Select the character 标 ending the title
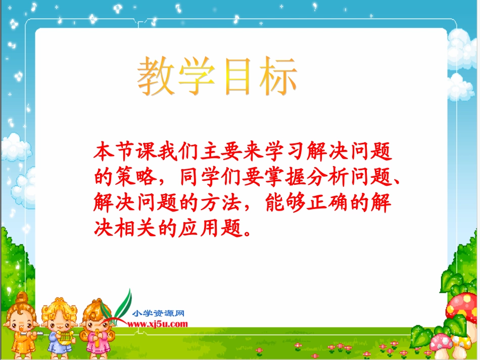tap(275, 77)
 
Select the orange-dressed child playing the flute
tap(20, 323)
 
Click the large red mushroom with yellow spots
tap(461, 306)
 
